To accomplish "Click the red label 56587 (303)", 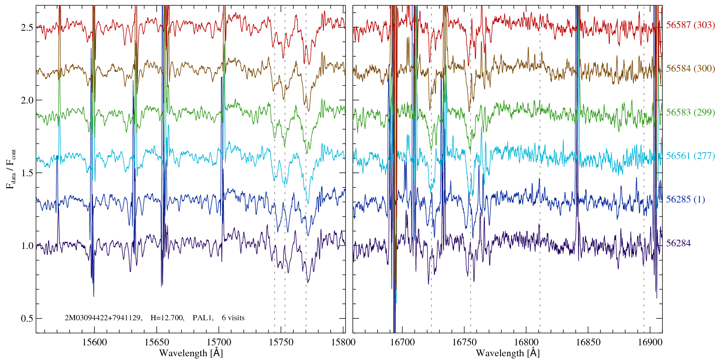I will (690, 25).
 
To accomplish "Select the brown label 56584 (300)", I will (690, 69).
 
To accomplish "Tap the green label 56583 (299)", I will (690, 112).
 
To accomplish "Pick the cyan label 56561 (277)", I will (690, 156).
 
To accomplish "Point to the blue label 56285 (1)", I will (685, 199).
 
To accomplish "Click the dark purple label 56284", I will (678, 243).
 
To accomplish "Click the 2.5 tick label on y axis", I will (27, 28).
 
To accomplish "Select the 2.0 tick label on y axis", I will (27, 100).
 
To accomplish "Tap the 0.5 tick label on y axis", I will (27, 318).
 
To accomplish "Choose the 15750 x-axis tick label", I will (281, 342).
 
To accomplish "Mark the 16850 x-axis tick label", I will (588, 342).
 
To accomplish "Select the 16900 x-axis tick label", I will (650, 342).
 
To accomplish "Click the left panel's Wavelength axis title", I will (191, 353).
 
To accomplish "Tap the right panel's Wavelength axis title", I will (508, 353).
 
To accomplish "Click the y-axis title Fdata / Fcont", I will (11, 169).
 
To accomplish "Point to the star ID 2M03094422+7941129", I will (103, 318).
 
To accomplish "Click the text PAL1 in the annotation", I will (203, 318).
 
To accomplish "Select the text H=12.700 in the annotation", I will (167, 318).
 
